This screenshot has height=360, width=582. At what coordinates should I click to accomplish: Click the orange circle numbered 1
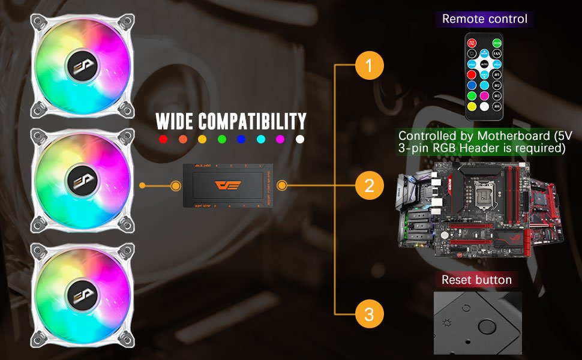pos(369,66)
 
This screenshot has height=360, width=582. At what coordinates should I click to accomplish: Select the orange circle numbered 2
pos(369,185)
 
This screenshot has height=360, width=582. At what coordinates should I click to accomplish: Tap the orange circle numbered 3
pos(369,313)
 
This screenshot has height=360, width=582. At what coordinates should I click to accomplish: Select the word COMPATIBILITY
pos(254,121)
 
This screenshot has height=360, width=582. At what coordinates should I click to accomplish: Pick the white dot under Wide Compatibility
pos(300,139)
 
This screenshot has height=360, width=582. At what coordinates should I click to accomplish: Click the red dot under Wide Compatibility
pos(163,139)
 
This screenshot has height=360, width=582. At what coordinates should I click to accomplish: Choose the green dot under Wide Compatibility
pos(221,139)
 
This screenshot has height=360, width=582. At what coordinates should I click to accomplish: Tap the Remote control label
pos(485,19)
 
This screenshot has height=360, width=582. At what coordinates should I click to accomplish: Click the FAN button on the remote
pos(497,53)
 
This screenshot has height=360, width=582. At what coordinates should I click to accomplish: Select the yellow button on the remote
pos(472,106)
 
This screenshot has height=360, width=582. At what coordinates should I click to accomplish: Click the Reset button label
pos(476,280)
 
